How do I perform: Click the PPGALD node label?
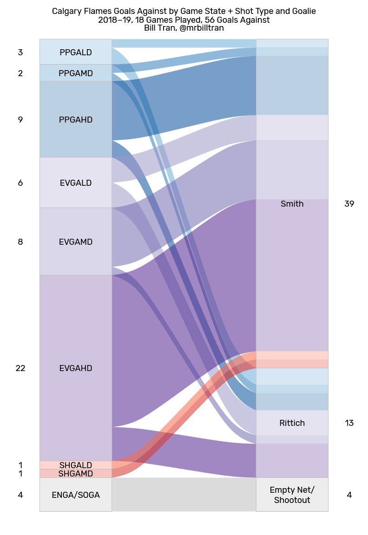(76, 52)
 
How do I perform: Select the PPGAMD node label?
(76, 73)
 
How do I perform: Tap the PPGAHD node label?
(76, 120)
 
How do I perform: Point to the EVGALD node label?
(76, 183)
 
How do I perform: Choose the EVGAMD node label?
(76, 242)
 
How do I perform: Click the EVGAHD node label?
(76, 368)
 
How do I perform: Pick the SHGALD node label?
(76, 465)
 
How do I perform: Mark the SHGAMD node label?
(76, 474)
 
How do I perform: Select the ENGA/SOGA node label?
(76, 495)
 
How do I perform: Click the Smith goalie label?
(292, 204)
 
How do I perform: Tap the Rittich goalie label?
(292, 423)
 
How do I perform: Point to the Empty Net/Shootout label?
(292, 495)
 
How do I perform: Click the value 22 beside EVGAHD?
(20, 368)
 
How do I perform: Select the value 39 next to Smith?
(349, 204)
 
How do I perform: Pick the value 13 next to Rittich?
(349, 423)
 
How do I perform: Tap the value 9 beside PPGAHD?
(20, 120)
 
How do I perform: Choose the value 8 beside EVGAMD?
(20, 242)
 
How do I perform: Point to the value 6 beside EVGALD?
(20, 183)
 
